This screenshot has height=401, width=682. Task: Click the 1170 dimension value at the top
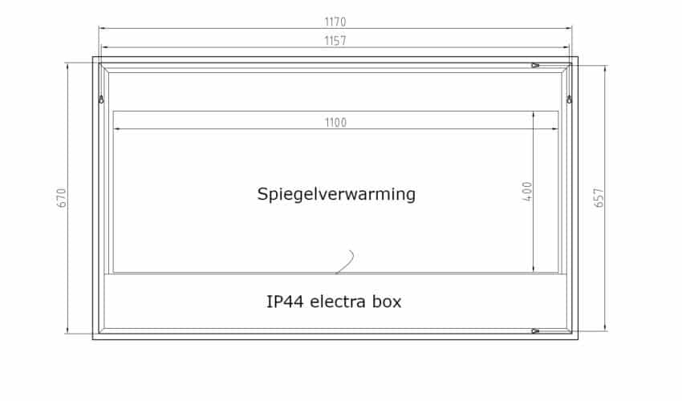point(335,22)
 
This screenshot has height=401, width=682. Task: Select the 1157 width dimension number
point(335,41)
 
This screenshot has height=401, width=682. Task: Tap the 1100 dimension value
point(335,122)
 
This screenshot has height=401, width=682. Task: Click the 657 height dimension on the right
point(599,198)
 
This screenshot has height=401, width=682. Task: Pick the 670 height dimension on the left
point(62,198)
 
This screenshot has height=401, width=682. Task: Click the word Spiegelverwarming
point(336,194)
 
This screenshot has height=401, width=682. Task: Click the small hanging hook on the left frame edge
point(101,99)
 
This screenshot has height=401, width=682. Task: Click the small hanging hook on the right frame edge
point(569,99)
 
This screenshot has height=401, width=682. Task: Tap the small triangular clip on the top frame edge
point(535,65)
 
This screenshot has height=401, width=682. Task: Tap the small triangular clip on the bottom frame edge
point(535,330)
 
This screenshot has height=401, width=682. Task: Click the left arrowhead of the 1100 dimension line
point(116,128)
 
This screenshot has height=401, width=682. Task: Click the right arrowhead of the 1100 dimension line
point(556,128)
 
